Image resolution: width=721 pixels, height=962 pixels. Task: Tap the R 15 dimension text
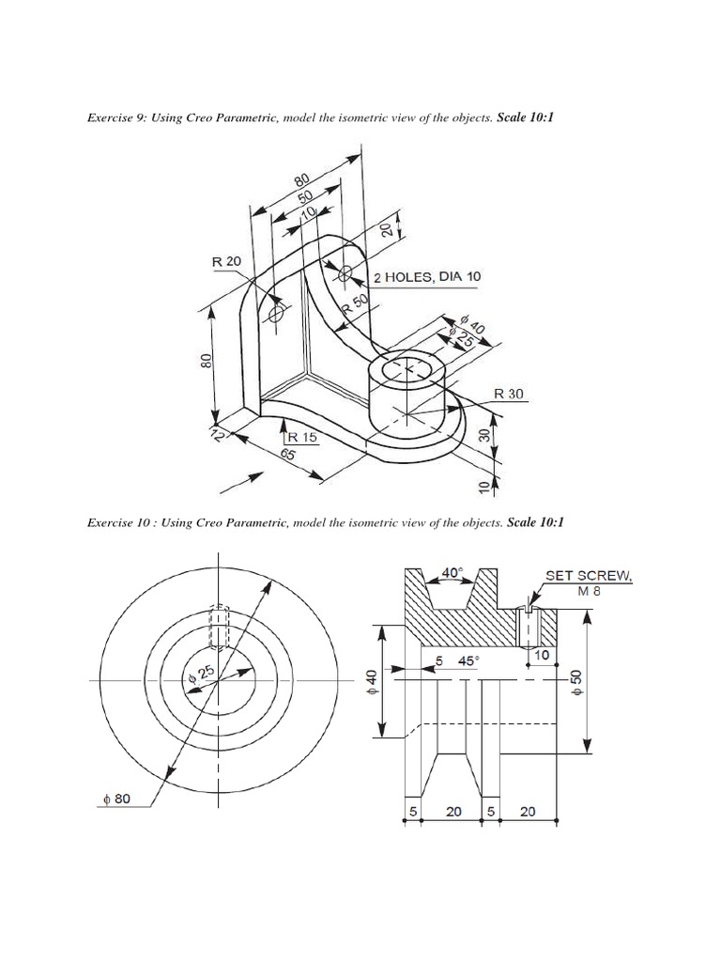pyautogui.click(x=304, y=436)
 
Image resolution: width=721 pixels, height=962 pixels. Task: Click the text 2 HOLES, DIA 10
pyautogui.click(x=427, y=276)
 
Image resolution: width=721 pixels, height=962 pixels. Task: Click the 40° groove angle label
pyautogui.click(x=453, y=571)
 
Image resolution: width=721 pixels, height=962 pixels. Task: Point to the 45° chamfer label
pyautogui.click(x=468, y=660)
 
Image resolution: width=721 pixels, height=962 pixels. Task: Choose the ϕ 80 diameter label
pyautogui.click(x=122, y=799)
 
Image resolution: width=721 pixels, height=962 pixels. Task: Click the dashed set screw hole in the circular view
pyautogui.click(x=218, y=627)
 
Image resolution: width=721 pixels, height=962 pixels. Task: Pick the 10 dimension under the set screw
pyautogui.click(x=541, y=653)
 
